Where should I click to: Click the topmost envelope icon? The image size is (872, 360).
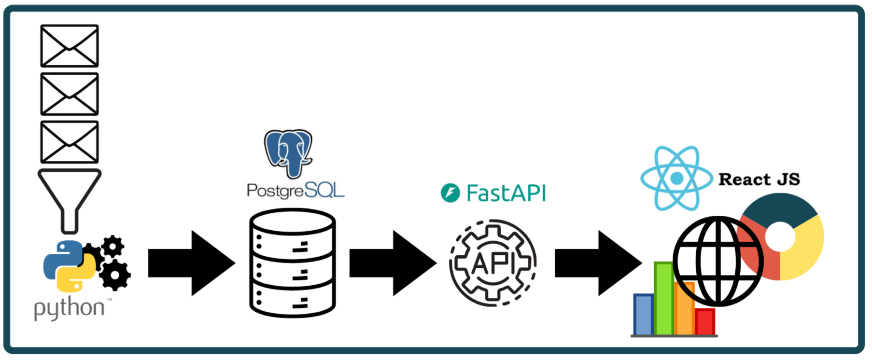pyautogui.click(x=70, y=46)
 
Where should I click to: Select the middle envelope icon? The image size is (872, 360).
pyautogui.click(x=70, y=94)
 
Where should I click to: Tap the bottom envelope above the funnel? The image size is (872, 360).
pyautogui.click(x=70, y=142)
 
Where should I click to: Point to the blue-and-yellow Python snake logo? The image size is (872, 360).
pyautogui.click(x=69, y=266)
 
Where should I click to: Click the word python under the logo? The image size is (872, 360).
pyautogui.click(x=69, y=308)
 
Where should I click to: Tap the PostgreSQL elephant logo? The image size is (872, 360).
pyautogui.click(x=289, y=152)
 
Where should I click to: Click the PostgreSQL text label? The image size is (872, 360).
pyautogui.click(x=295, y=191)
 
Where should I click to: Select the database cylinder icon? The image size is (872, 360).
pyautogui.click(x=293, y=263)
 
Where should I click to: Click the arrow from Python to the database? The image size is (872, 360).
pyautogui.click(x=191, y=263)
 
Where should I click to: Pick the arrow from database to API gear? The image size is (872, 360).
pyautogui.click(x=393, y=263)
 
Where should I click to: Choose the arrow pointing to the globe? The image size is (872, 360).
pyautogui.click(x=598, y=263)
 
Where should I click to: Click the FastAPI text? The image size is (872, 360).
pyautogui.click(x=506, y=194)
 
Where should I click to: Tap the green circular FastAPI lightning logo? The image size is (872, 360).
pyautogui.click(x=450, y=194)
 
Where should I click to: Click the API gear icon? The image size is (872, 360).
pyautogui.click(x=493, y=263)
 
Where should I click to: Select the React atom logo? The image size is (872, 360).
pyautogui.click(x=676, y=178)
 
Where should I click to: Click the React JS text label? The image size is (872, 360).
pyautogui.click(x=759, y=180)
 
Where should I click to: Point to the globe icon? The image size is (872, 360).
pyautogui.click(x=718, y=261)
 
